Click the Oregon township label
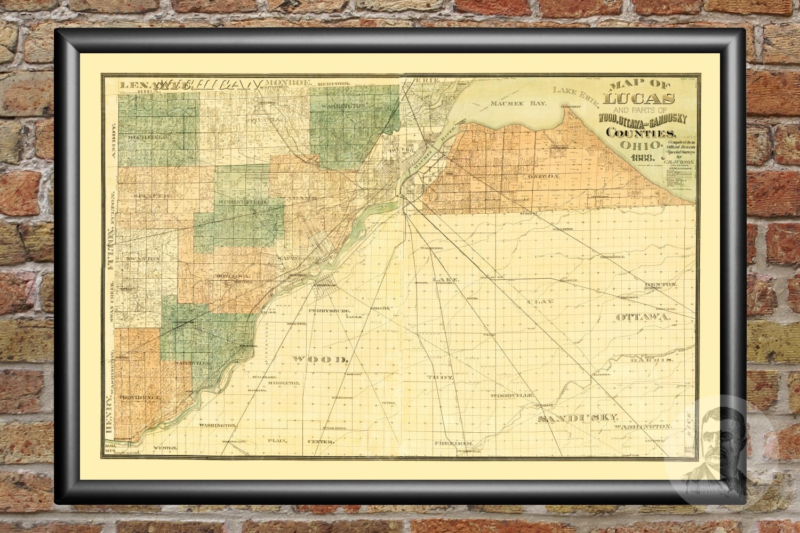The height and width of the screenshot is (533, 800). pyautogui.click(x=543, y=176)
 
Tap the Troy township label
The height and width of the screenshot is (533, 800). pyautogui.click(x=440, y=377)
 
